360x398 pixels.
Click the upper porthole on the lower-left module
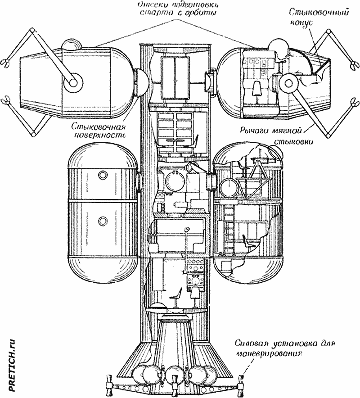click(103, 175)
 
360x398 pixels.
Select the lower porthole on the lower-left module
click(103, 221)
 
